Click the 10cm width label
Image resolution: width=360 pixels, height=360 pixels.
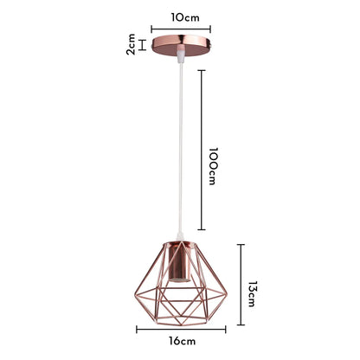[179, 16]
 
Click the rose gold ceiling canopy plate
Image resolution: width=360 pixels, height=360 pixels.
[179, 44]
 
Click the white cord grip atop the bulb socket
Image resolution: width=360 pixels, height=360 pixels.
[179, 241]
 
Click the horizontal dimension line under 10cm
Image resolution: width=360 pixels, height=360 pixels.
[179, 27]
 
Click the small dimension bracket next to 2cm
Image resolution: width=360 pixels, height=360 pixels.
[143, 44]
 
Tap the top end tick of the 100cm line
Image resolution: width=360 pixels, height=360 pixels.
[202, 71]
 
